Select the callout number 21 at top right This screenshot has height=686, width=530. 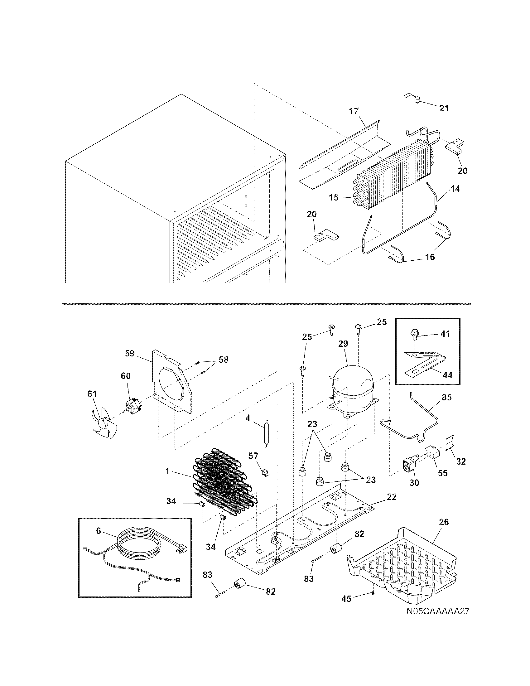coord(444,109)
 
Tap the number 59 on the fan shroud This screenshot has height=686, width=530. coord(129,354)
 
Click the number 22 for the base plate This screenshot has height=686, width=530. coord(392,497)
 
